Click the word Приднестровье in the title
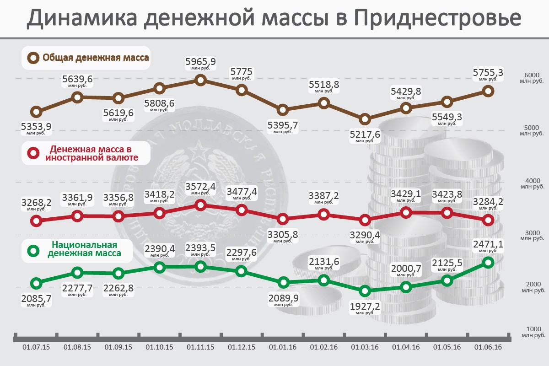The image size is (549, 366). coord(437,18)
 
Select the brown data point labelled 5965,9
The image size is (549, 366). coord(200,81)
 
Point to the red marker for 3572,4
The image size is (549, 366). coord(200,205)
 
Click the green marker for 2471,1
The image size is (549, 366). coord(488,262)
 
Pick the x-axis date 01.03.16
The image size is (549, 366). coord(365,347)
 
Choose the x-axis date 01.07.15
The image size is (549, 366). coord(36,347)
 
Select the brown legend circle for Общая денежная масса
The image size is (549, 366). coord(33,58)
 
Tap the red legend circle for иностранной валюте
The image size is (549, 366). coord(33,154)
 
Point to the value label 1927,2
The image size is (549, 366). coord(365,306)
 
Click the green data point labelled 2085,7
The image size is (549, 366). coord(37,283)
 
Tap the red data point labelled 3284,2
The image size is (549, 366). coord(488,220)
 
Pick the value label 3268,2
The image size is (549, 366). coord(37,203)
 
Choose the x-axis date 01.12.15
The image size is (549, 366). coord(242,347)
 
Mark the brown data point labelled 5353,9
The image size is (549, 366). coord(37,112)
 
